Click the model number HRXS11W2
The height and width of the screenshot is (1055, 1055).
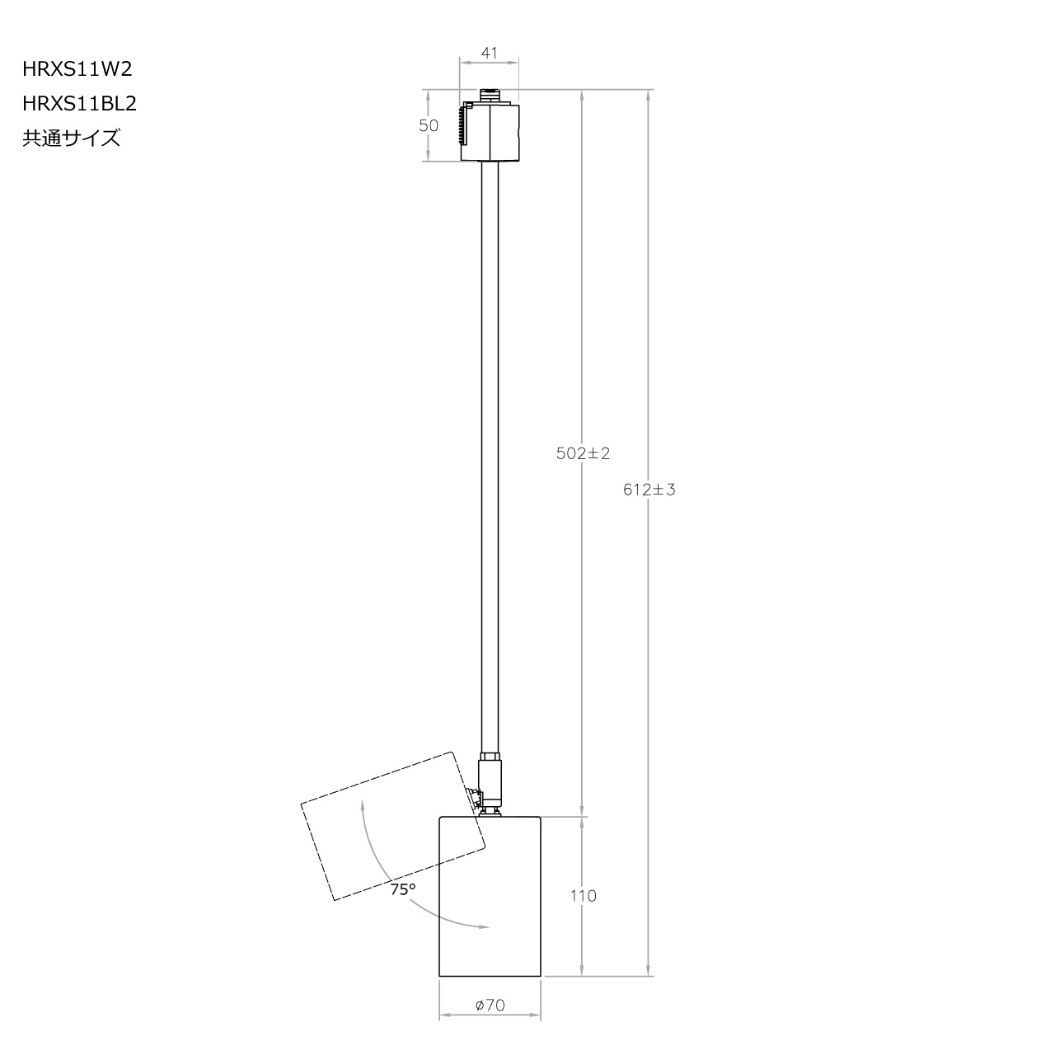(x=77, y=69)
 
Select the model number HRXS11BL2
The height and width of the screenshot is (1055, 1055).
(x=79, y=104)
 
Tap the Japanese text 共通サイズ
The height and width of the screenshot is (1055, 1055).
(x=71, y=138)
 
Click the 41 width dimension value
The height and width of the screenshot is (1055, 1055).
(x=489, y=53)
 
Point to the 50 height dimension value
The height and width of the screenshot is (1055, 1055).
(x=428, y=126)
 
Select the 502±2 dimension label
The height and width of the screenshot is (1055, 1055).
(x=583, y=453)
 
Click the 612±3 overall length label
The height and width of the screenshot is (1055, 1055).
(x=649, y=490)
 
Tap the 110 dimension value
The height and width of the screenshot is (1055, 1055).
(x=583, y=896)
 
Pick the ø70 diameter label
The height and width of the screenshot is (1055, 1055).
(x=490, y=1006)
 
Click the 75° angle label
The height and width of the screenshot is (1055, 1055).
(x=403, y=890)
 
